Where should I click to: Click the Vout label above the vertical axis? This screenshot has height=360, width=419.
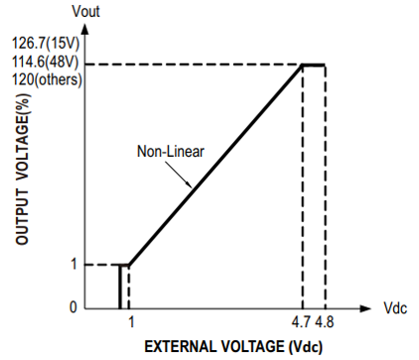(x=85, y=11)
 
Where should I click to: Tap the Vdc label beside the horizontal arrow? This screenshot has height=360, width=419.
(x=395, y=308)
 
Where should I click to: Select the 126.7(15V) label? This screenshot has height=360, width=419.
(x=46, y=43)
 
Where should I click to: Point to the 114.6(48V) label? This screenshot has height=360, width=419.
(x=46, y=61)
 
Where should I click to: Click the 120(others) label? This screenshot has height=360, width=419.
(x=47, y=79)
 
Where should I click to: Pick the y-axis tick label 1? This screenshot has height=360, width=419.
(x=73, y=264)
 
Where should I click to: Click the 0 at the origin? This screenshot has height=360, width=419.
(x=73, y=307)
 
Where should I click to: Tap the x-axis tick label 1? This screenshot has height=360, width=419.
(x=131, y=321)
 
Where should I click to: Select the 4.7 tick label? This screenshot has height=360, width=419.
(x=302, y=321)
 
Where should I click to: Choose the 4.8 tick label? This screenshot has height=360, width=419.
(x=325, y=321)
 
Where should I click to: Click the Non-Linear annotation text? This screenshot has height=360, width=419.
(x=171, y=152)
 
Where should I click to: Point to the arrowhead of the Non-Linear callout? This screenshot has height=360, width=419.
(x=190, y=185)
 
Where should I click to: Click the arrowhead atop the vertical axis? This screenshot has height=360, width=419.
(x=85, y=28)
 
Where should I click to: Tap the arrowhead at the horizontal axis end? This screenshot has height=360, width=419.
(x=365, y=308)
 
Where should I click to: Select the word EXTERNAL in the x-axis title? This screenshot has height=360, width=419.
(x=181, y=347)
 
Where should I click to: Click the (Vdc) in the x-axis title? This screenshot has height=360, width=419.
(x=306, y=347)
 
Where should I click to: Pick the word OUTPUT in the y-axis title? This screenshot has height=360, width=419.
(x=22, y=217)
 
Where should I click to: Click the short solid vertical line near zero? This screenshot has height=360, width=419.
(x=120, y=287)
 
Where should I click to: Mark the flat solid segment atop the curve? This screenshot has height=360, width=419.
(x=314, y=65)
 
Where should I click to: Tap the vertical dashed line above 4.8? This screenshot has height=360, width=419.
(x=326, y=186)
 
